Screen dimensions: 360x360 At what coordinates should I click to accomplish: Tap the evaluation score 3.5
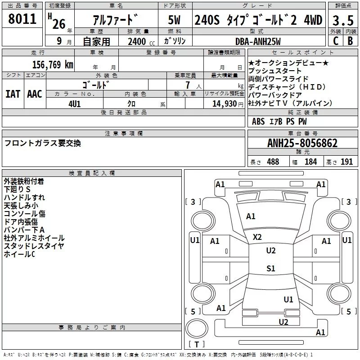tap(342, 21)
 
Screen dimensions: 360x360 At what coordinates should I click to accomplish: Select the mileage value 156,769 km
tap(52, 64)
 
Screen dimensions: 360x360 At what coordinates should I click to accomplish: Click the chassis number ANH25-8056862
tap(302, 144)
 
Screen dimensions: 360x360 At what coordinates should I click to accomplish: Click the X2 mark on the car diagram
tap(257, 237)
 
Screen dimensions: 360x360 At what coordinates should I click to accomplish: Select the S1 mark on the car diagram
tap(270, 269)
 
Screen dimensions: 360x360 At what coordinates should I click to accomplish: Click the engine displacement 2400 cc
tap(136, 42)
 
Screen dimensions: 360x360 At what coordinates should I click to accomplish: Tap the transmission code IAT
tap(13, 94)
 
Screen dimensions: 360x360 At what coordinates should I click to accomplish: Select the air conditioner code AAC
tap(35, 94)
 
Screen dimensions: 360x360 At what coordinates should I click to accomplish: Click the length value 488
tap(273, 162)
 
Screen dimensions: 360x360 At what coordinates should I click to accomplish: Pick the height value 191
tap(346, 162)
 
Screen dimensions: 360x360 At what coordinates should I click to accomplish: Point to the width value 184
tap(310, 162)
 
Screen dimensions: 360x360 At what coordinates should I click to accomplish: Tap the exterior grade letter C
tap(335, 41)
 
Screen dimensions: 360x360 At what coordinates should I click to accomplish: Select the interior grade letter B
tap(350, 41)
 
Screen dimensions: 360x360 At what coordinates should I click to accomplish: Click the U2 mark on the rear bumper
tap(283, 321)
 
